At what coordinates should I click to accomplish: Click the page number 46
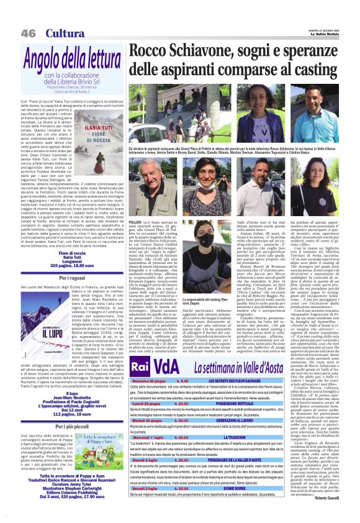point(28,32)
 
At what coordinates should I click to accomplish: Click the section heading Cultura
point(64,32)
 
